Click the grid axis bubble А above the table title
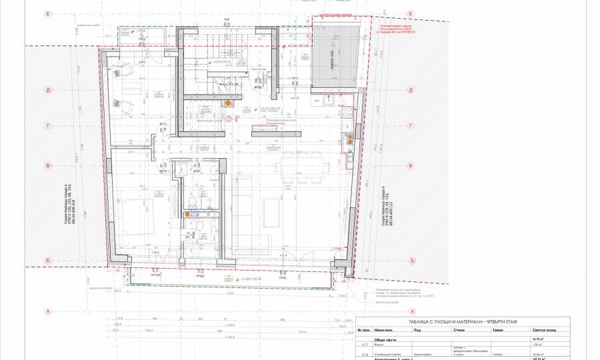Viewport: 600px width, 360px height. coord(413,311)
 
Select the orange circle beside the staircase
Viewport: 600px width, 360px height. coord(228,103)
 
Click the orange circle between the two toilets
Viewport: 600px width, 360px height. coord(187,214)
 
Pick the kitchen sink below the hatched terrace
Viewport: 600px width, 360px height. coord(329,101)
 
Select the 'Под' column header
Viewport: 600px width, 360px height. coord(417,329)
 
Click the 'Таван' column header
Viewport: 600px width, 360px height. coord(497,329)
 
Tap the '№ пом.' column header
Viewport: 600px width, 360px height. coord(363,329)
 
